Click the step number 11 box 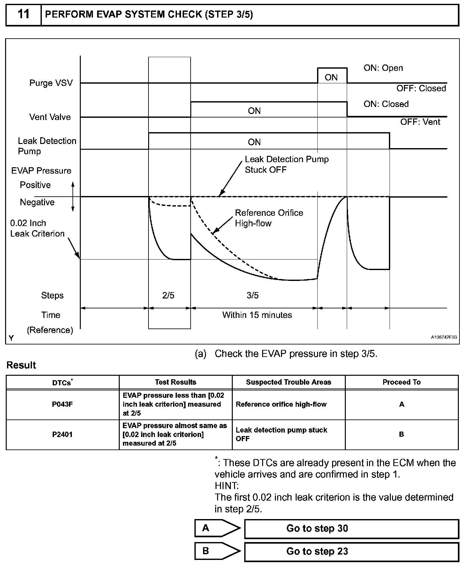(x=24, y=15)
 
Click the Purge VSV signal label (x=51, y=83)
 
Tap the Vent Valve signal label (x=50, y=117)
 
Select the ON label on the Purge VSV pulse (x=331, y=77)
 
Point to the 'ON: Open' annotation (x=383, y=68)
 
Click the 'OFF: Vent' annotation (x=420, y=122)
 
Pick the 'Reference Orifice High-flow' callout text (x=269, y=218)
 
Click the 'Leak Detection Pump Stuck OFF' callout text (x=286, y=164)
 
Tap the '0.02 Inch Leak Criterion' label (x=37, y=228)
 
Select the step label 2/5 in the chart (x=168, y=295)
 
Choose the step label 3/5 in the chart (x=253, y=295)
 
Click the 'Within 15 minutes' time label (x=257, y=315)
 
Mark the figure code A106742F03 (x=444, y=337)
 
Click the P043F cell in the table (x=63, y=404)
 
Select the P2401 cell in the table (x=63, y=434)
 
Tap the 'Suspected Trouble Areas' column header (x=289, y=382)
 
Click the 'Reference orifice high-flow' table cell (x=281, y=404)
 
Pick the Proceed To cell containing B (x=402, y=434)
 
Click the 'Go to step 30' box (x=351, y=528)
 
